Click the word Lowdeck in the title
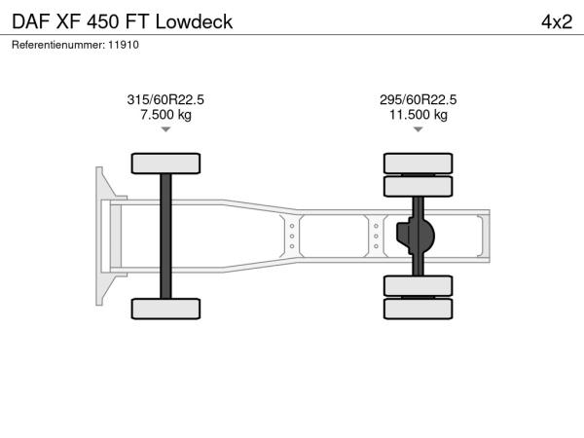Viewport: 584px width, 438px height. click(x=194, y=21)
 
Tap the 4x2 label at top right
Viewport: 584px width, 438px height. click(x=557, y=22)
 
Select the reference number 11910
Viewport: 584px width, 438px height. click(x=124, y=45)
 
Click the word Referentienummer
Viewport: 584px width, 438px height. click(x=58, y=45)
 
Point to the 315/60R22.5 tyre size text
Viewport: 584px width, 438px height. click(x=165, y=99)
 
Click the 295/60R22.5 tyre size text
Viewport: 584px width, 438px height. click(x=418, y=99)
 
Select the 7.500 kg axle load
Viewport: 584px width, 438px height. click(x=165, y=114)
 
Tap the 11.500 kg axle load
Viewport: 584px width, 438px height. click(x=419, y=114)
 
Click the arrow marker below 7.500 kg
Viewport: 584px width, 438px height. click(x=165, y=129)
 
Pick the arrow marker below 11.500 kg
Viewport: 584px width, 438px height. click(x=419, y=129)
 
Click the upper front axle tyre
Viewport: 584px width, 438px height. click(x=165, y=164)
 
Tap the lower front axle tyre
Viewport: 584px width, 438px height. click(x=165, y=309)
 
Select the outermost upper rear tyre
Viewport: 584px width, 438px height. click(x=419, y=164)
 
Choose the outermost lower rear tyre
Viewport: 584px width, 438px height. click(x=419, y=309)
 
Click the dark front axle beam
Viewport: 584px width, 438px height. click(x=165, y=237)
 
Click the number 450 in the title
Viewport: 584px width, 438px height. click(x=103, y=21)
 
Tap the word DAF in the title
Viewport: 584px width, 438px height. click(x=31, y=21)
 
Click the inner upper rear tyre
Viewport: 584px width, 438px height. click(x=419, y=186)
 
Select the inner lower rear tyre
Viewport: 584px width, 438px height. click(x=419, y=286)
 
